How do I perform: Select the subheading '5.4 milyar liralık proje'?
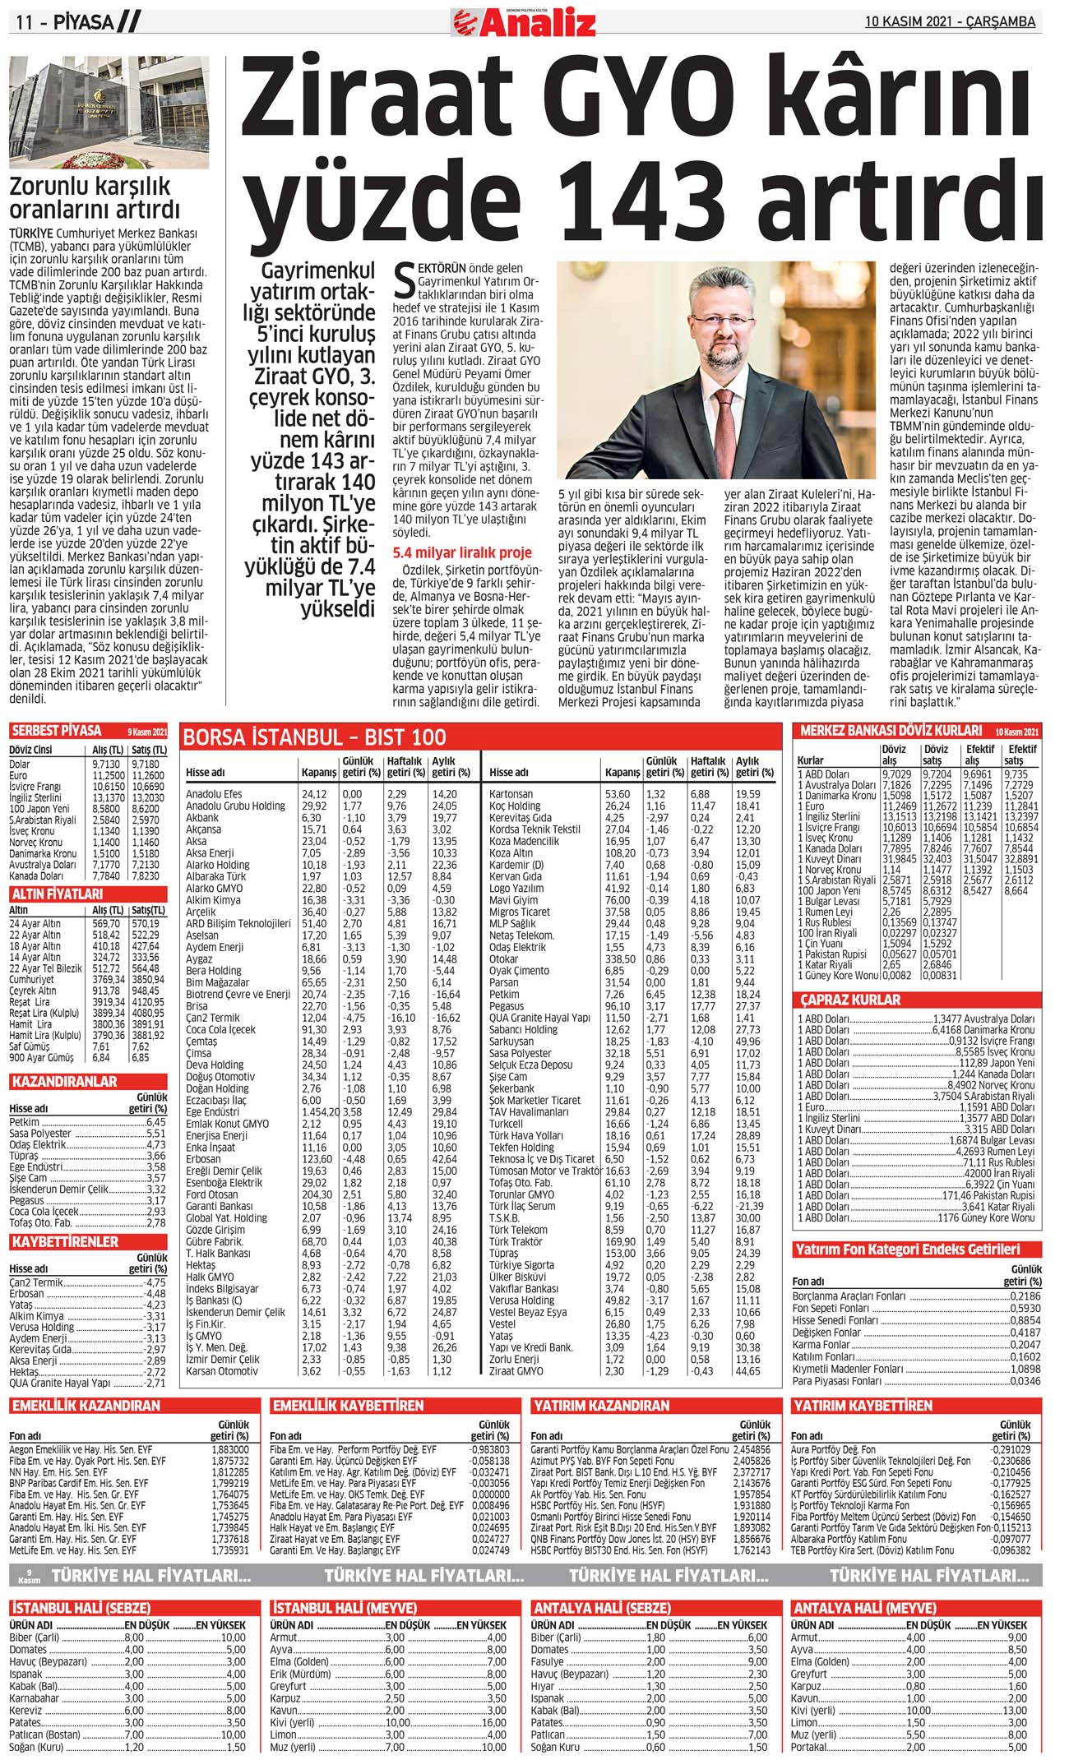pyautogui.click(x=462, y=552)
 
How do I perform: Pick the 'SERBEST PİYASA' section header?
pyautogui.click(x=57, y=731)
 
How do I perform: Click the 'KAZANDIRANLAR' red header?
pyautogui.click(x=64, y=1082)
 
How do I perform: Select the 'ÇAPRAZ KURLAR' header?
pyautogui.click(x=851, y=1000)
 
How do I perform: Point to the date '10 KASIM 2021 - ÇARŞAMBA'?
pyautogui.click(x=950, y=22)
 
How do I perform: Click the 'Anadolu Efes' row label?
pyautogui.click(x=214, y=794)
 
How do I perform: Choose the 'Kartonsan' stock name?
pyautogui.click(x=511, y=794)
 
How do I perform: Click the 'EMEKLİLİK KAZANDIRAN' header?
pyautogui.click(x=86, y=1406)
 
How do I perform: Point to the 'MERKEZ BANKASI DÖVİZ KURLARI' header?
pyautogui.click(x=891, y=730)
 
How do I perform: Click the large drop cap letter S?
pyautogui.click(x=404, y=282)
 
